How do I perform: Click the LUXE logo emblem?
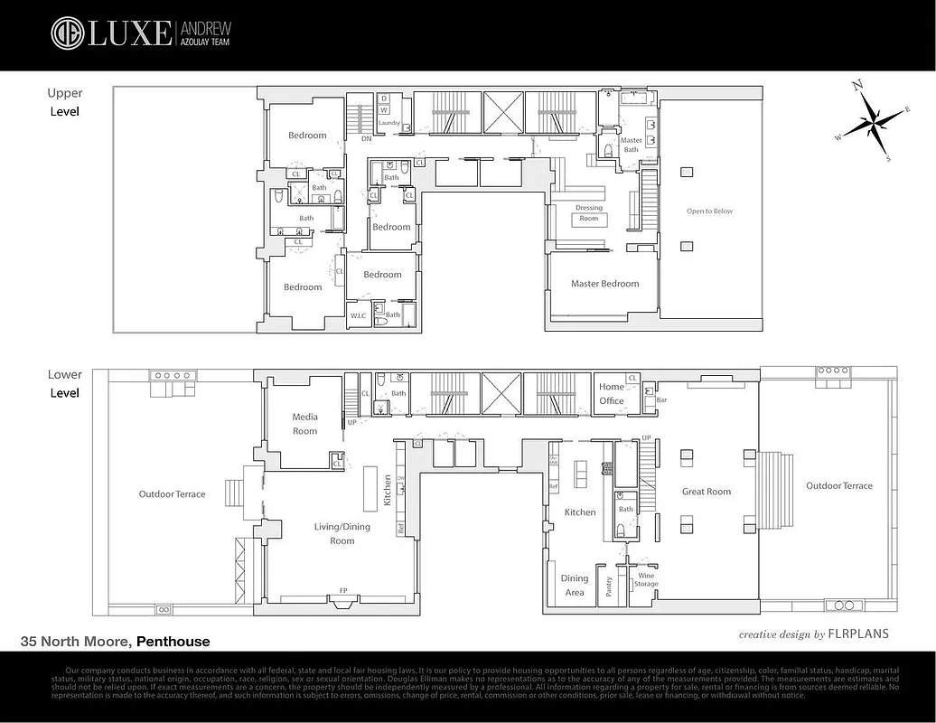67,33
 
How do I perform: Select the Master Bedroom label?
604,284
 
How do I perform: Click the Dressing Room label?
588,213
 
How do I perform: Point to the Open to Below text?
709,211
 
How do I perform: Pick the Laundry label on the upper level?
388,123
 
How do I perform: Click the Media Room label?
304,424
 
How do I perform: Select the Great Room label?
706,492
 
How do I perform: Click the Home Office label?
612,394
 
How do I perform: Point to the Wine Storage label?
646,579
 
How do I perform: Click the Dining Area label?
575,586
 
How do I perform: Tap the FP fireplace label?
342,591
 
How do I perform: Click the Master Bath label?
631,145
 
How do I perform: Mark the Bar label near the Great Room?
661,399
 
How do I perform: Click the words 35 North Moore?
76,642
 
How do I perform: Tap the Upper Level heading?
64,102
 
